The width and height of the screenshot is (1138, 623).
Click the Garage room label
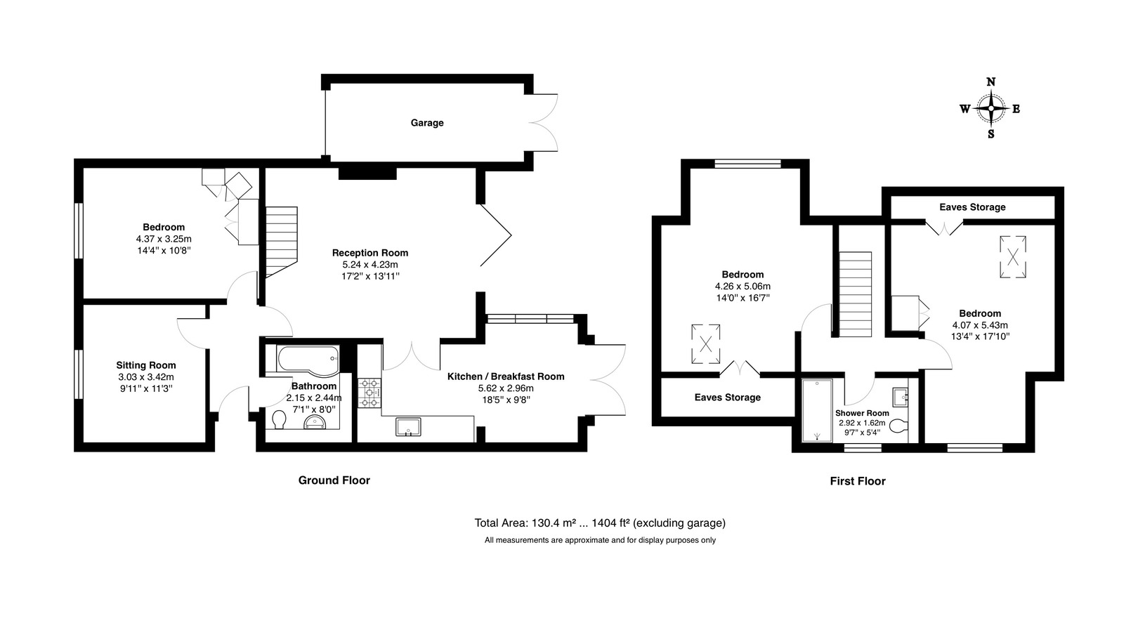[427, 123]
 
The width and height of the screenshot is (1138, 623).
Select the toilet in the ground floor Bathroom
[279, 420]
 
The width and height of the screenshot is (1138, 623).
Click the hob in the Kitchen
[369, 393]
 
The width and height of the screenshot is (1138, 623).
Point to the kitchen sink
[407, 427]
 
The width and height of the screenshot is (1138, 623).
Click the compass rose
[990, 109]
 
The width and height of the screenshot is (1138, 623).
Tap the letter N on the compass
[990, 81]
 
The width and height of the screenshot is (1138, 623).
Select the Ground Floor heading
[334, 480]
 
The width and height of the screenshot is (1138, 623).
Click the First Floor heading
[857, 481]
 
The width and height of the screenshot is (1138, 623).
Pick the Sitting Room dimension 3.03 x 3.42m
[146, 376]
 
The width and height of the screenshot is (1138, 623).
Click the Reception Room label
[369, 253]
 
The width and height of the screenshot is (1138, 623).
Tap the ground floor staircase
[282, 239]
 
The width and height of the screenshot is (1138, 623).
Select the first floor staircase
[855, 294]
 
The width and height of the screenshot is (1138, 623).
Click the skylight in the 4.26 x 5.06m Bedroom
[706, 343]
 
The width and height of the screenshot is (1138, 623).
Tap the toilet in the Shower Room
[902, 425]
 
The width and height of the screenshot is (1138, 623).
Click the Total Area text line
[599, 523]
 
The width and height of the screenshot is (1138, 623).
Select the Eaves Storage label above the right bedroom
[972, 207]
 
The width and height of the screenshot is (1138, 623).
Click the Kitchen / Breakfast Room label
[506, 376]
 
